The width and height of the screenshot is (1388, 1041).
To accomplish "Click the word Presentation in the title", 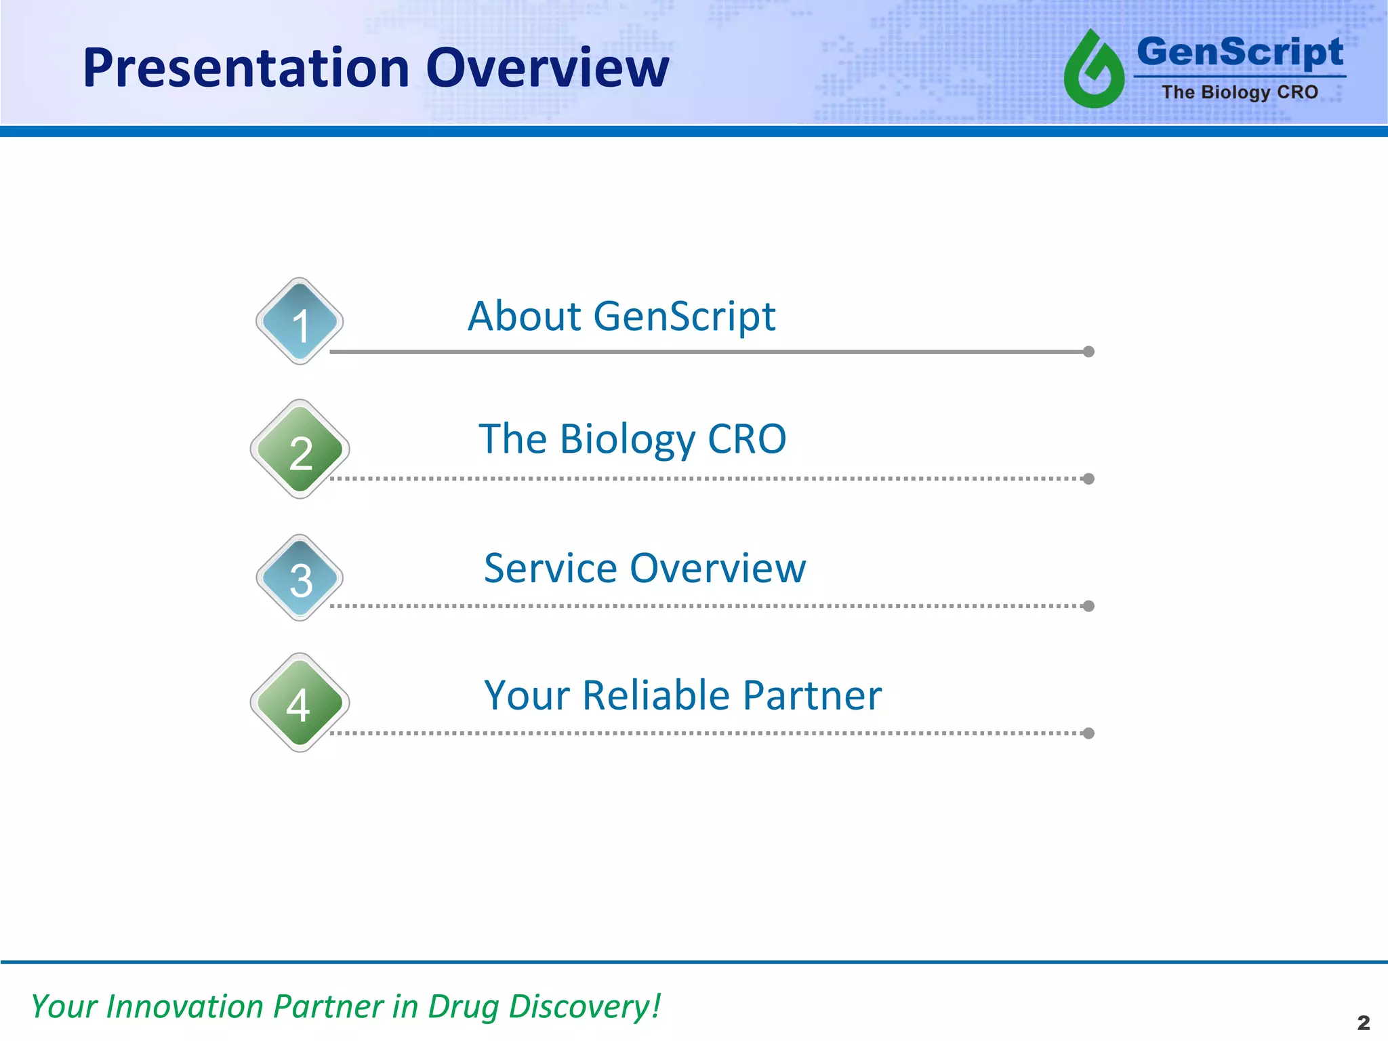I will pyautogui.click(x=246, y=68).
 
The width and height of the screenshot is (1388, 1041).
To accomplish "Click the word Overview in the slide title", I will pyautogui.click(x=548, y=68).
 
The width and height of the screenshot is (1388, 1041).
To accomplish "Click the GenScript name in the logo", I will pyautogui.click(x=1240, y=53).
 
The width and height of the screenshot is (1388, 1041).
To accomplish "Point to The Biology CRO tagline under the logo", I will pyautogui.click(x=1240, y=92).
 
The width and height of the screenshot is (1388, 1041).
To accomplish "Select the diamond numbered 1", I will pyautogui.click(x=300, y=321).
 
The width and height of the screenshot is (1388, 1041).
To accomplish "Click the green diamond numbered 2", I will pyautogui.click(x=300, y=449).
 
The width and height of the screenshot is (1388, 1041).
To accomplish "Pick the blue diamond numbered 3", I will pyautogui.click(x=300, y=577).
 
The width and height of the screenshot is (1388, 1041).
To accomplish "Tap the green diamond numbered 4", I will pyautogui.click(x=300, y=703).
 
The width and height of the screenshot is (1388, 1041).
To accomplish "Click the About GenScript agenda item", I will pyautogui.click(x=621, y=317).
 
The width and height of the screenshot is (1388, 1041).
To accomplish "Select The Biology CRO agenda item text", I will pyautogui.click(x=632, y=439).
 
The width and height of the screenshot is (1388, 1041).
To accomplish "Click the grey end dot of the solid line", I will pyautogui.click(x=1088, y=352).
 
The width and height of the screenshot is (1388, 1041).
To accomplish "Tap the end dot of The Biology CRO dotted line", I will pyautogui.click(x=1088, y=479).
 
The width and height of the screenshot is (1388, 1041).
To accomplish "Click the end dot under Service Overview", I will pyautogui.click(x=1088, y=606).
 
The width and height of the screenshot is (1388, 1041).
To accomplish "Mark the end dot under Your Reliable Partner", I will pyautogui.click(x=1088, y=733).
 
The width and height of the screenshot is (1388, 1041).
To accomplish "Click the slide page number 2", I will pyautogui.click(x=1364, y=1022).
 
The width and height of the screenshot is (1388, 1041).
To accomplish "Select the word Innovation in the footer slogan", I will pyautogui.click(x=185, y=1006).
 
